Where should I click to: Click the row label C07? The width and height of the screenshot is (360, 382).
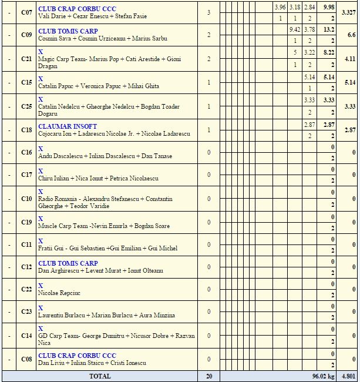pyautogui.click(x=26, y=12)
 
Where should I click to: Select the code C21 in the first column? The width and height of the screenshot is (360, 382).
pyautogui.click(x=26, y=59)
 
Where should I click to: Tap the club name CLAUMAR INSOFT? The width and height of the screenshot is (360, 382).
pyautogui.click(x=68, y=126)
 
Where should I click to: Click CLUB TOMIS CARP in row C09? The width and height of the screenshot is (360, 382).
pyautogui.click(x=68, y=31)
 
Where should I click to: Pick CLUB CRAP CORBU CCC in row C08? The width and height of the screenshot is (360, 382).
pyautogui.click(x=77, y=356)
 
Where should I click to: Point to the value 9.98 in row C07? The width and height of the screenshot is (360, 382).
pyautogui.click(x=329, y=8)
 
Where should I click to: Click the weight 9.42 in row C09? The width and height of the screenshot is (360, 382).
pyautogui.click(x=295, y=30)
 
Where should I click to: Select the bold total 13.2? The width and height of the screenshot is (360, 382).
pyautogui.click(x=329, y=30)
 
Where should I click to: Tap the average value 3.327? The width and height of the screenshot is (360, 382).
pyautogui.click(x=348, y=12)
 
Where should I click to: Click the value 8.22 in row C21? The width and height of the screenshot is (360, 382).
pyautogui.click(x=329, y=53)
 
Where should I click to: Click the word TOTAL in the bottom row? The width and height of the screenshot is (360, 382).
pyautogui.click(x=99, y=376)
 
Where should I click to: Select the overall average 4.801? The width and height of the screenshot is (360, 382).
pyautogui.click(x=348, y=376)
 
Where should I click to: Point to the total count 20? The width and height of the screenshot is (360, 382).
pyautogui.click(x=208, y=376)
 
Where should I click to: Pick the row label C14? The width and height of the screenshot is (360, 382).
pyautogui.click(x=26, y=335)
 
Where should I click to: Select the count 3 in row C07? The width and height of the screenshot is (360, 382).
pyautogui.click(x=208, y=12)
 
